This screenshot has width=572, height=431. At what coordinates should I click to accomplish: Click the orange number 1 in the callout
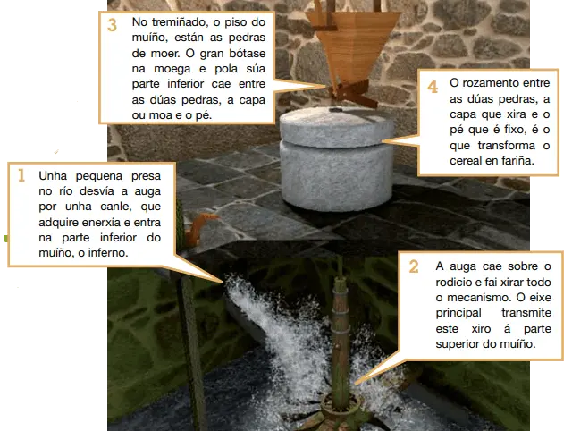(x=21, y=176)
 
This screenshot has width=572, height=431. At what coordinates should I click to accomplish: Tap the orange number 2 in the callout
(x=413, y=266)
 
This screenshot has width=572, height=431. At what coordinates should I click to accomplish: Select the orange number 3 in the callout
(x=112, y=25)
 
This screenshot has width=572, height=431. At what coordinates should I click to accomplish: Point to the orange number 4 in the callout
(x=433, y=87)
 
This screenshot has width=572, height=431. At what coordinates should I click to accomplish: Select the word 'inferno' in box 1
(x=104, y=253)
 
